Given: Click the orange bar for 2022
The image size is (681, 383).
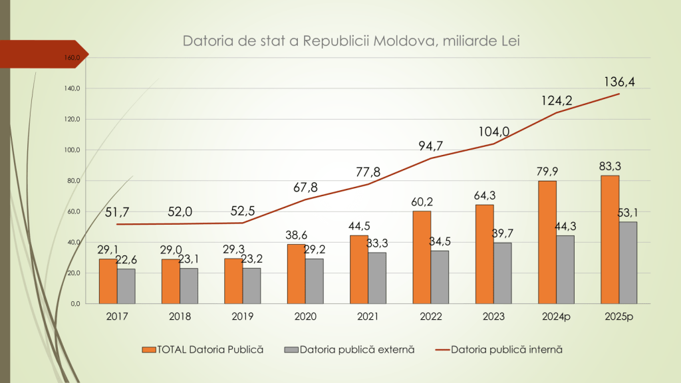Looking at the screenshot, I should (422, 257).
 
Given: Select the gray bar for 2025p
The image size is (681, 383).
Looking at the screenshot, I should (628, 263).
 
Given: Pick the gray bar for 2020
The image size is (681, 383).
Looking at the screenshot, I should (315, 281).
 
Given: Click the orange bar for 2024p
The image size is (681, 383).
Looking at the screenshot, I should (547, 242).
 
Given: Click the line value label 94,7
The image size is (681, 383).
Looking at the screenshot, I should (431, 146).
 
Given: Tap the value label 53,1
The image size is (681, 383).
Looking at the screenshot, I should (628, 213).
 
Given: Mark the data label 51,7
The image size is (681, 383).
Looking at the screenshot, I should (117, 213).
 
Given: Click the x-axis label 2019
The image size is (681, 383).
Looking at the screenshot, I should (243, 317).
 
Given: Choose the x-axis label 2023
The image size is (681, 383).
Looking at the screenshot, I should (493, 317).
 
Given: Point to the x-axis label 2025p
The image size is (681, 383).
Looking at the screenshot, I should (618, 317).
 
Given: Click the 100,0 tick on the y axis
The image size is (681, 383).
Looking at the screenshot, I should (71, 150).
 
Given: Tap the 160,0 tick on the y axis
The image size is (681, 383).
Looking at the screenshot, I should (71, 58).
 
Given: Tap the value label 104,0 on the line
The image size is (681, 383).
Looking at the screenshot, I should (493, 132).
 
